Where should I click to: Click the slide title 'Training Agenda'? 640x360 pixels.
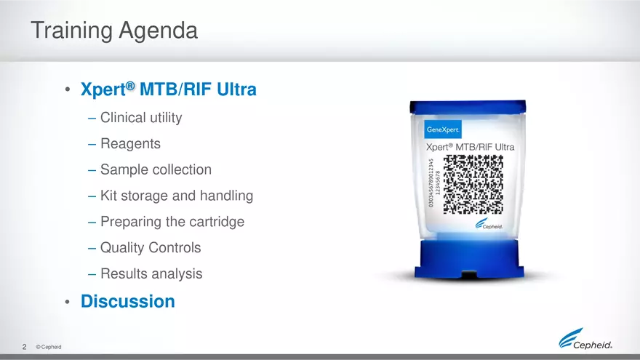click(114, 31)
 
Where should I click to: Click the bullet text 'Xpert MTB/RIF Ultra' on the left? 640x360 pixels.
click(168, 91)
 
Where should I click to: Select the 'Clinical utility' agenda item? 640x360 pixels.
click(141, 117)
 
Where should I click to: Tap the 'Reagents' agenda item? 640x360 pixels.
click(130, 143)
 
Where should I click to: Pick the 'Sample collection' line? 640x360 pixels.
click(156, 169)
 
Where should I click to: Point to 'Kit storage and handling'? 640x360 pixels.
click(177, 196)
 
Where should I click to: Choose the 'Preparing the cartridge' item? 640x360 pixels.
click(172, 222)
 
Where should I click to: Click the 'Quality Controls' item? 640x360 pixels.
click(151, 248)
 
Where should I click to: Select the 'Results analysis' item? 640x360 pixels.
click(151, 274)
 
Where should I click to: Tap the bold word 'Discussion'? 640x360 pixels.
click(128, 301)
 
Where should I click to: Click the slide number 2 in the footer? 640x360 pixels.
click(24, 347)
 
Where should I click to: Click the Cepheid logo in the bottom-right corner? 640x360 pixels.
click(590, 339)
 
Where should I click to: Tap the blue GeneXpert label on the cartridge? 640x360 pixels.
click(443, 130)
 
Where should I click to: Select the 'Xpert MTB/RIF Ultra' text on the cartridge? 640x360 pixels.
click(470, 148)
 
